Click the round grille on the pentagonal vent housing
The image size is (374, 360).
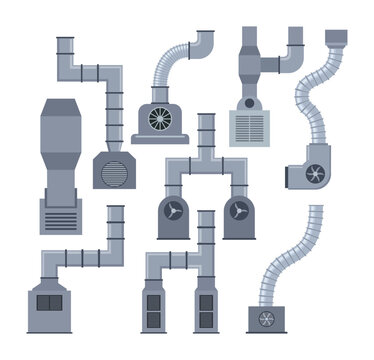coord(111,172)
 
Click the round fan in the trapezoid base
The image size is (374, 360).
coord(160,119)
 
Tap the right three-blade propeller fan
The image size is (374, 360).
coord(238,211)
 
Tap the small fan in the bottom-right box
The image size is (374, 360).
coord(267,319)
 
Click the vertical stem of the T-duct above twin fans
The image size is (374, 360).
coord(205,135)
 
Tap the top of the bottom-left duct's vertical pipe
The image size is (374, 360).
coord(116,211)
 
